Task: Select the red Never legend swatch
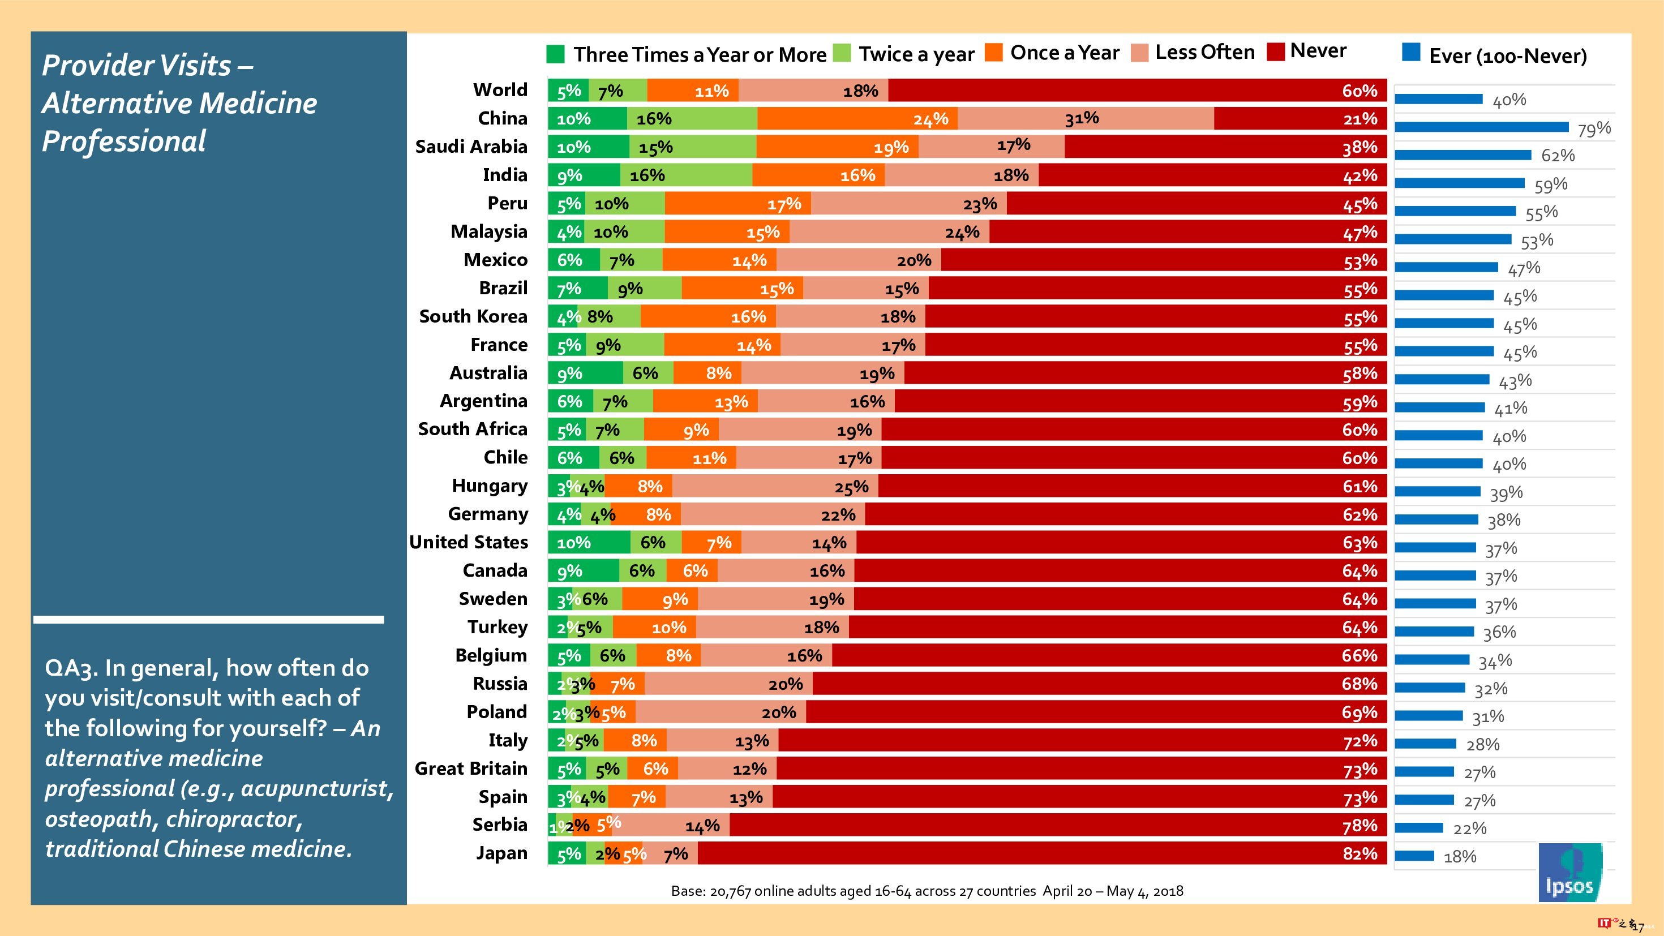tap(1276, 51)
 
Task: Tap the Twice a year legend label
tap(916, 54)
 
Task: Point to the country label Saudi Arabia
tap(471, 147)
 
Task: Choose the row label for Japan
tap(501, 853)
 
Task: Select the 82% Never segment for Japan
tap(1041, 853)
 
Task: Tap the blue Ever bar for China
tap(1481, 127)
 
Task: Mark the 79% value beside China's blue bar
tap(1594, 129)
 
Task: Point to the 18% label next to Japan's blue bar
tap(1460, 857)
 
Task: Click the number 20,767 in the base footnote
tap(730, 891)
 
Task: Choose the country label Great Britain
tap(471, 768)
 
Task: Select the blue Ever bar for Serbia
tap(1418, 828)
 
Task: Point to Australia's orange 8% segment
tap(707, 373)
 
